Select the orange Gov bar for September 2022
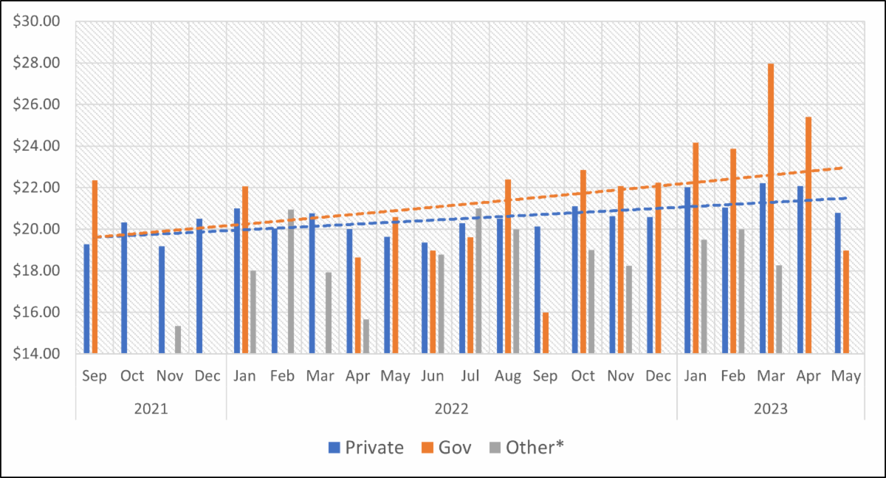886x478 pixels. [x=546, y=333]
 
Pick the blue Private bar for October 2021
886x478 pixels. [x=124, y=288]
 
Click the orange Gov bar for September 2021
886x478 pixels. [x=95, y=267]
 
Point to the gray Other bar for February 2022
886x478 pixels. [x=291, y=281]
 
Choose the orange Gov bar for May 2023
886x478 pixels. [x=846, y=302]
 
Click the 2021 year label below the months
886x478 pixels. [x=151, y=408]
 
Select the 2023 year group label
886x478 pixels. [x=771, y=408]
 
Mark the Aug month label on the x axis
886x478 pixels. [x=508, y=376]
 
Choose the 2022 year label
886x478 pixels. [x=451, y=408]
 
